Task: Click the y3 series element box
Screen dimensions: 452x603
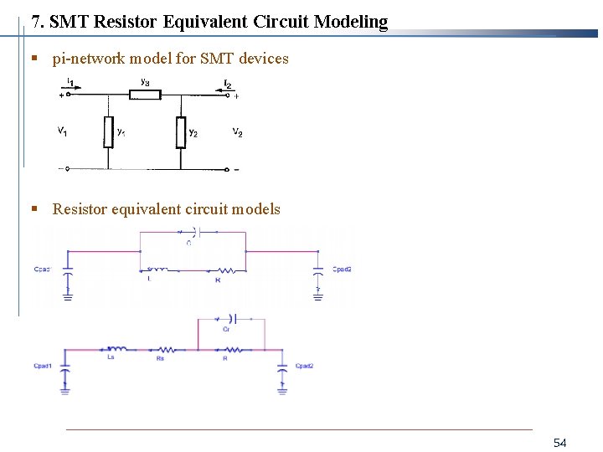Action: pos(146,95)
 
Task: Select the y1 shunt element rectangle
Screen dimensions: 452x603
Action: pos(108,132)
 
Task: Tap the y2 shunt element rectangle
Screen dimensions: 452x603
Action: pos(181,132)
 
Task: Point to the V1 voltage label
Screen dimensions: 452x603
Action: pos(63,131)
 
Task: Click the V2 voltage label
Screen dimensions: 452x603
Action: pos(238,132)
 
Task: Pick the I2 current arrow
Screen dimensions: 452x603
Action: pos(227,84)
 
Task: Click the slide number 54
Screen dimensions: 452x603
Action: pos(560,442)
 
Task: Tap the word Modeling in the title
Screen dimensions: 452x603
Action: pos(351,22)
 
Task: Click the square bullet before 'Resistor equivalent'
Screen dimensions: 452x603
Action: pos(34,209)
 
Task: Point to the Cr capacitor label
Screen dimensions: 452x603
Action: pos(227,330)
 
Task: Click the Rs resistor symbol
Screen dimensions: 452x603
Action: pos(162,350)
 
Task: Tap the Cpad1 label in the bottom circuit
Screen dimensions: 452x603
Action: pos(43,366)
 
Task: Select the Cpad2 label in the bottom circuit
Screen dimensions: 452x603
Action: pos(304,366)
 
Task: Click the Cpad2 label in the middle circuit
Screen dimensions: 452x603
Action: pos(342,269)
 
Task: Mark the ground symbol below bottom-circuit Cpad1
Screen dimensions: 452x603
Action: pos(65,388)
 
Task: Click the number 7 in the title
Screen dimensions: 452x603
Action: pos(35,22)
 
